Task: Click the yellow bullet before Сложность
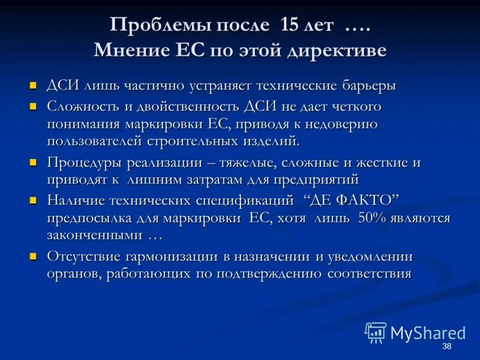[x=34, y=107]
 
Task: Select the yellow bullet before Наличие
[x=34, y=199]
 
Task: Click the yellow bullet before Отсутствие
[x=34, y=256]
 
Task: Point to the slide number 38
[x=446, y=347]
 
